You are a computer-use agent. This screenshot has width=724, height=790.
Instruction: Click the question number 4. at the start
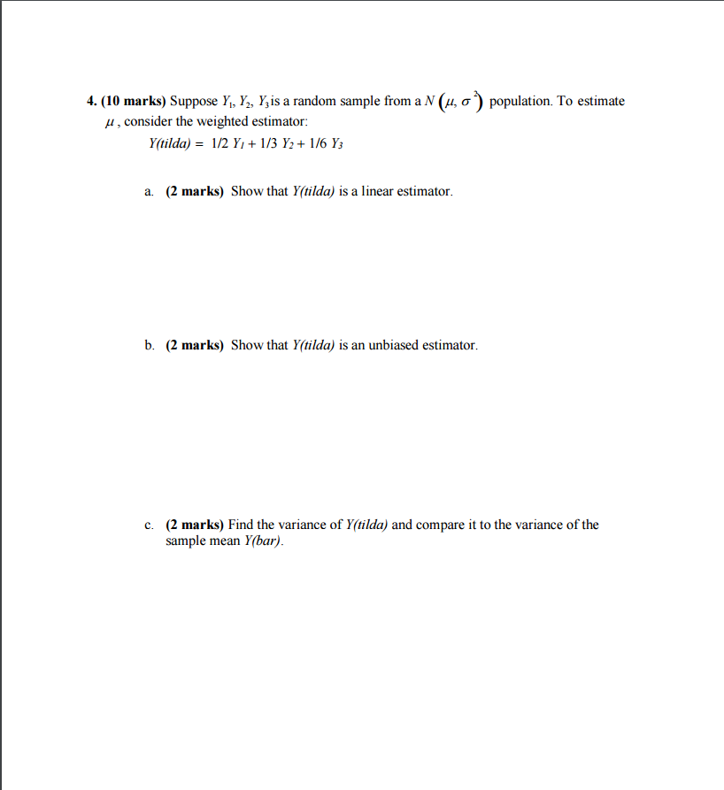tap(91, 101)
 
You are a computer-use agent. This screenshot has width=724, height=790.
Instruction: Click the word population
tap(520, 101)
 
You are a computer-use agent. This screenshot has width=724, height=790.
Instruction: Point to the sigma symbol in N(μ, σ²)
tap(465, 102)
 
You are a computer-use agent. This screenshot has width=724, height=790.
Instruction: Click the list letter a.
tap(149, 191)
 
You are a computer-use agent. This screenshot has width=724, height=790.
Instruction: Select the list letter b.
tap(149, 345)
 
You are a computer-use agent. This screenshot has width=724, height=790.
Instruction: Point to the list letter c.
tap(149, 525)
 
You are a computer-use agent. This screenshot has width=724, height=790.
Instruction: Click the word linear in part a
tap(378, 191)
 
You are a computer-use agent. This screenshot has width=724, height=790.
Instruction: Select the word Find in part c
tap(242, 525)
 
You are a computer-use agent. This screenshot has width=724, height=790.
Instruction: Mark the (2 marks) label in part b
tap(195, 345)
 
